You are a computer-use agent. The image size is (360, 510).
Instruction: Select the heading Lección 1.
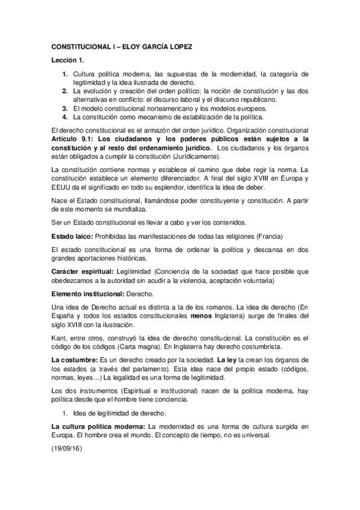[68, 61]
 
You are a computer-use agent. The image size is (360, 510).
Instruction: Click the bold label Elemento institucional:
[89, 293]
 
